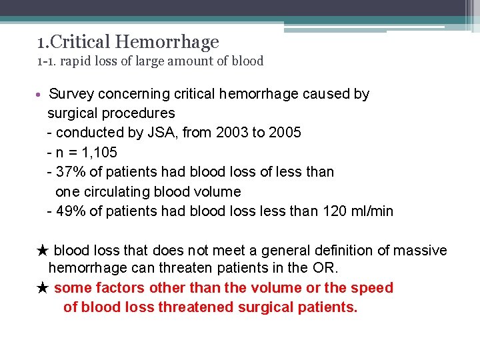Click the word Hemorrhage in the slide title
167,43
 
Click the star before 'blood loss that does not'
43,251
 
